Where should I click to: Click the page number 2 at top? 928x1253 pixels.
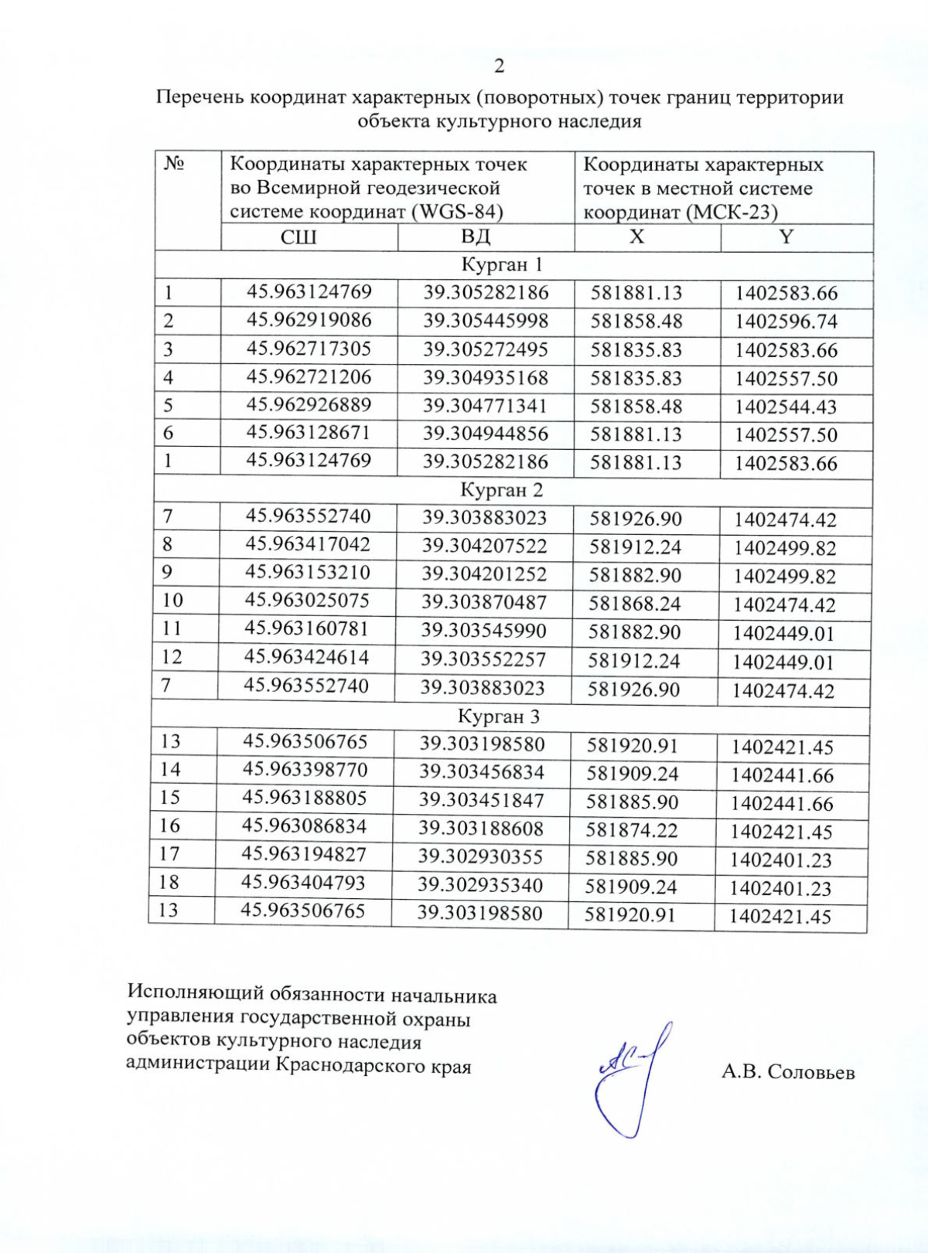(499, 66)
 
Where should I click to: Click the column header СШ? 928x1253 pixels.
(299, 237)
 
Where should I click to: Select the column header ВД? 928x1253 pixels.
(476, 237)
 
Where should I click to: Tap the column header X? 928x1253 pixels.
(636, 237)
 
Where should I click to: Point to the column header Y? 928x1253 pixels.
(786, 237)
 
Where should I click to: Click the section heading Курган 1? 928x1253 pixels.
(502, 265)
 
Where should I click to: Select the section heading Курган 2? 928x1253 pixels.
(501, 490)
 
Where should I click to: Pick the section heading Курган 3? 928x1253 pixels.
(499, 717)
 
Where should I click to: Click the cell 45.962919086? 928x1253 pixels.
(309, 320)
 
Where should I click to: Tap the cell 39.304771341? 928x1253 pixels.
(485, 406)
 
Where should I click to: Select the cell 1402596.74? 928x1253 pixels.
(786, 322)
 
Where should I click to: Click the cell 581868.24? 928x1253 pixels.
(635, 604)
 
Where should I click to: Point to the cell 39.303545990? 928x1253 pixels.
(483, 631)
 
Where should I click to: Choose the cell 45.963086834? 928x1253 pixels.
(305, 826)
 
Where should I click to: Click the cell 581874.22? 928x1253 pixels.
(632, 831)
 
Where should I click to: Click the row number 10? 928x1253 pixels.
(172, 600)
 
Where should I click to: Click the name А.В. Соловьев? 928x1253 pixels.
(788, 1072)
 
